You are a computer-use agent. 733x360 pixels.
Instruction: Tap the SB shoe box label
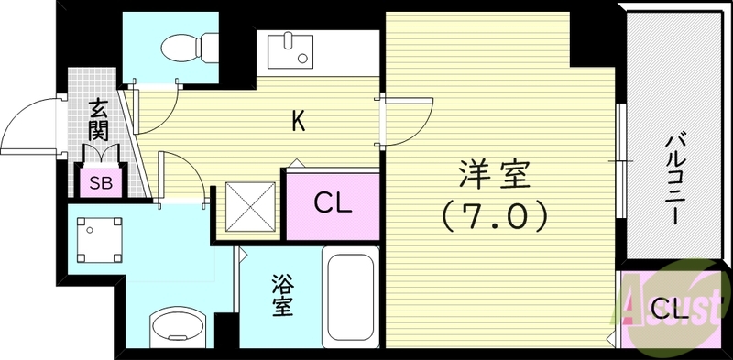pyautogui.click(x=101, y=182)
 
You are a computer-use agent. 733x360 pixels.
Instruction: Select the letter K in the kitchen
pyautogui.click(x=298, y=120)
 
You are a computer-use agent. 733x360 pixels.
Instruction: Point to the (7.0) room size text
pyautogui.click(x=496, y=216)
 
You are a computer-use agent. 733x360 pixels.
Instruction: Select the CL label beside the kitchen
pyautogui.click(x=333, y=202)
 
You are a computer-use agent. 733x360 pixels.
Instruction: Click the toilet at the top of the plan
pyautogui.click(x=187, y=45)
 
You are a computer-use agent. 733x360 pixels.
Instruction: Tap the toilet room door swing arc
pyautogui.click(x=156, y=105)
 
